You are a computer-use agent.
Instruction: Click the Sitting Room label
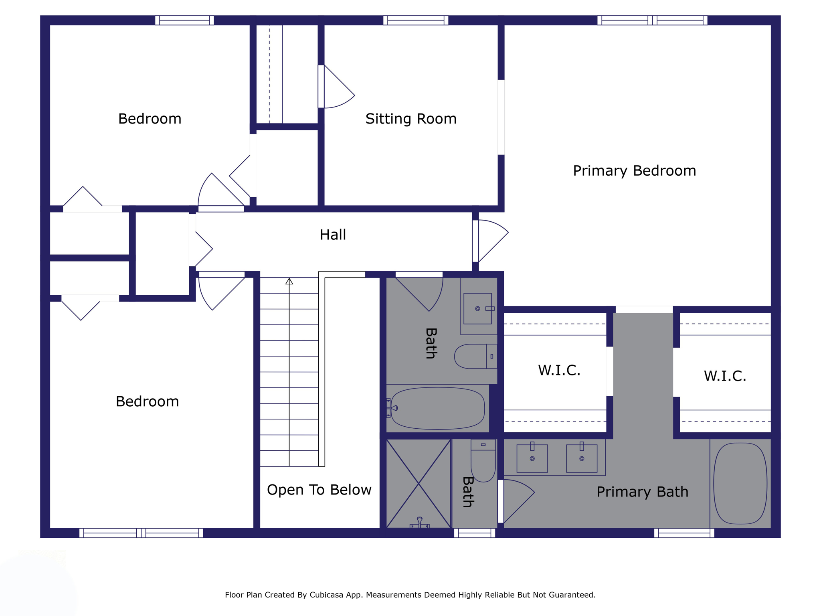tap(411, 119)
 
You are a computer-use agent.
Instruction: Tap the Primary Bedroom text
tap(634, 171)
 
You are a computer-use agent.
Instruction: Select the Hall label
tap(333, 235)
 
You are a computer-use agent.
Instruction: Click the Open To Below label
tap(319, 490)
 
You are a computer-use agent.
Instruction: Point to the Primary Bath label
tap(642, 492)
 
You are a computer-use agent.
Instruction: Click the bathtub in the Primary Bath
tap(740, 483)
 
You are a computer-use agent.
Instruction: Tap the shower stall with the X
tap(418, 484)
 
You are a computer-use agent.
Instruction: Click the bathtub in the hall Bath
tap(437, 408)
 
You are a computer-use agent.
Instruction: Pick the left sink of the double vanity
tap(532, 458)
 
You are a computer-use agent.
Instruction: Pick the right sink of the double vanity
tap(582, 458)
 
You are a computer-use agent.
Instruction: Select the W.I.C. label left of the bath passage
tap(559, 370)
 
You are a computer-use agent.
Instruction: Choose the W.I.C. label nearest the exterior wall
tap(725, 376)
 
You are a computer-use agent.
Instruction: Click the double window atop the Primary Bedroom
tap(652, 20)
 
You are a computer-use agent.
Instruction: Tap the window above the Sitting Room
tap(416, 20)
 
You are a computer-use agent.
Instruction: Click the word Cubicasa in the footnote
tap(326, 595)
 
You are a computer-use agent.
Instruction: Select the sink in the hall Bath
tap(477, 308)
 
